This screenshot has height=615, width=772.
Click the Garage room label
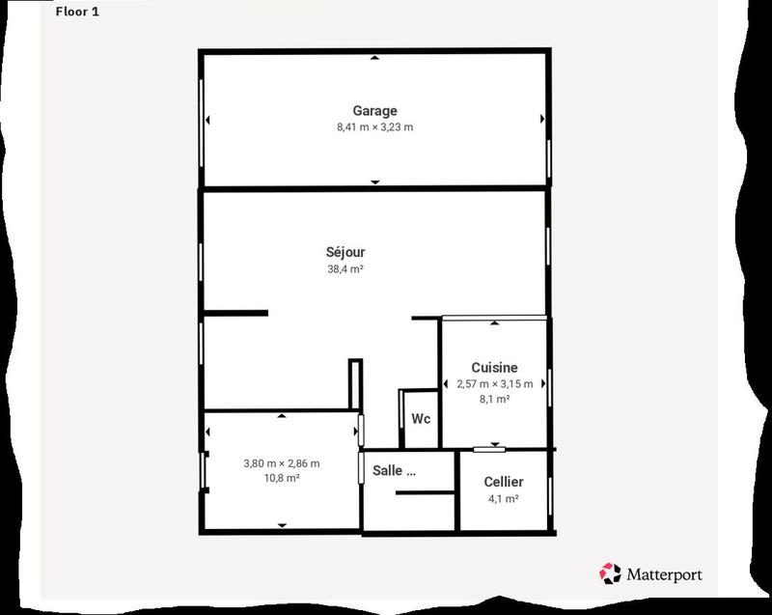[374, 111]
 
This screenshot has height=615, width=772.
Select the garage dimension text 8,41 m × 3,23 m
[374, 127]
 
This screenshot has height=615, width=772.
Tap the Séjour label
[345, 253]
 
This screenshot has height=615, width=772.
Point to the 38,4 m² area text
[345, 270]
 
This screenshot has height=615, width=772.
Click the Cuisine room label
[494, 367]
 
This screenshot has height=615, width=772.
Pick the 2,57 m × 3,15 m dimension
[494, 384]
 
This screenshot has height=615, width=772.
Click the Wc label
[421, 419]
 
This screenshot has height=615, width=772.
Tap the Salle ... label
[394, 472]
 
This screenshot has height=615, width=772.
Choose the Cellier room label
[504, 482]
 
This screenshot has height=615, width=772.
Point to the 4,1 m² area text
[504, 499]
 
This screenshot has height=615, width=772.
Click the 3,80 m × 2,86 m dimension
[281, 463]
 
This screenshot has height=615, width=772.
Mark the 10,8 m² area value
[281, 479]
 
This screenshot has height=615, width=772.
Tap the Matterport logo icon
[610, 573]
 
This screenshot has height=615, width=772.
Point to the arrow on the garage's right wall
[542, 119]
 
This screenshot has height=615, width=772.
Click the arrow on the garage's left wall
[207, 119]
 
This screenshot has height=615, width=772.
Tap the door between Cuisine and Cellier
[489, 449]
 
